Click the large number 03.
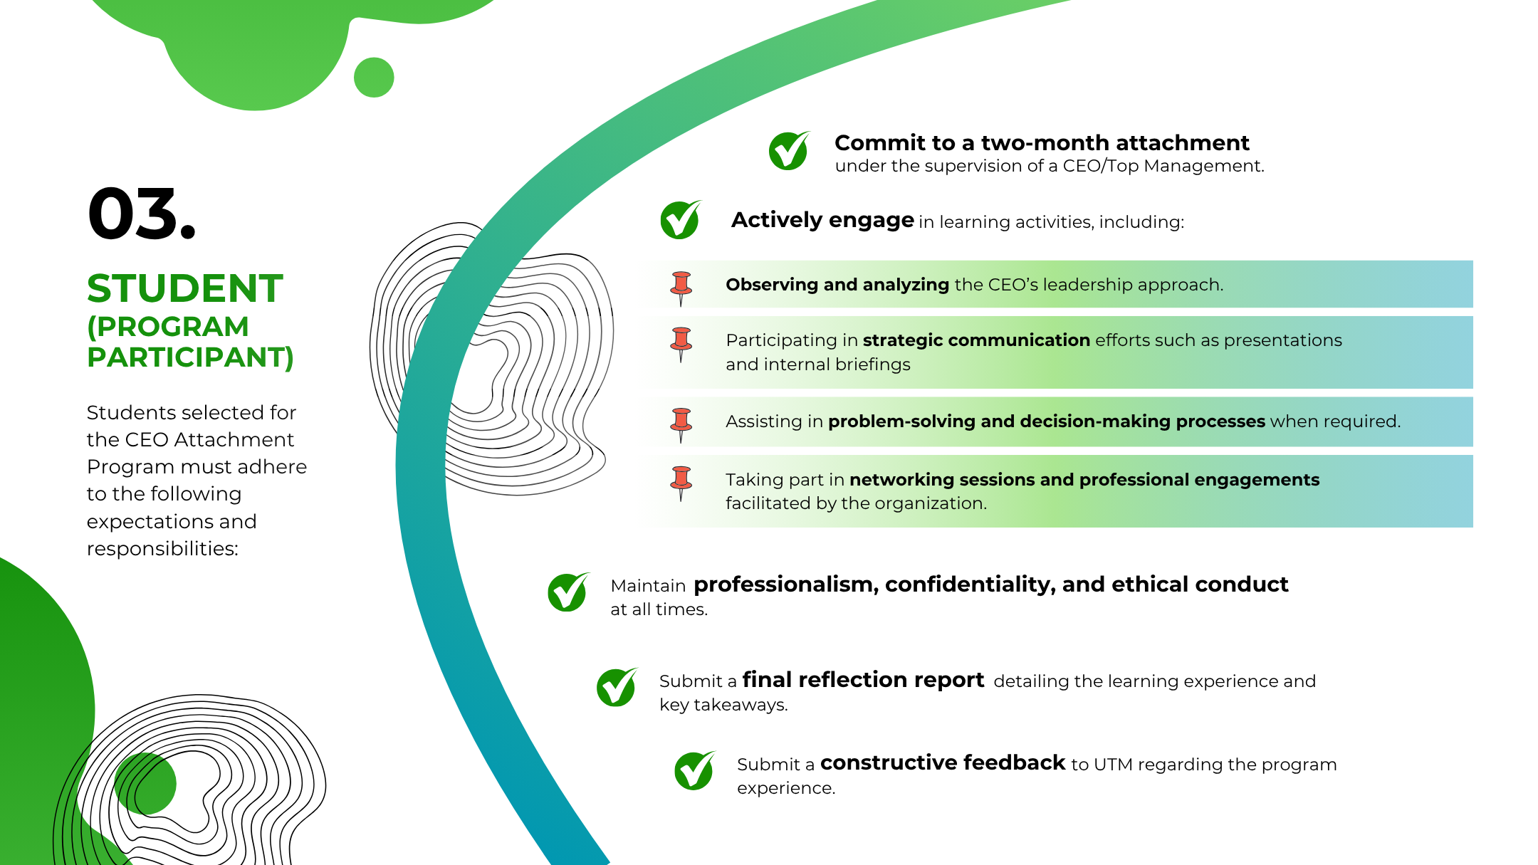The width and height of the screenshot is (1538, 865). tap(141, 214)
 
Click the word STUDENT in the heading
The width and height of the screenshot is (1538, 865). tap(185, 288)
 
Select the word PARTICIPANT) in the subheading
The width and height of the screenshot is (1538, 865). tap(190, 357)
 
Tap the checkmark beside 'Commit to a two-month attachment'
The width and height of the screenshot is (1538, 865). tap(789, 150)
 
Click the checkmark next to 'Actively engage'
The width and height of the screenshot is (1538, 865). tap(681, 219)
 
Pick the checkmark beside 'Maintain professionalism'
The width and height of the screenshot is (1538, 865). tap(568, 592)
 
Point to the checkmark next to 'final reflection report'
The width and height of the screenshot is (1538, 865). tap(617, 687)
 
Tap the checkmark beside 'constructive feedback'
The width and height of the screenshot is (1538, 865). tap(694, 770)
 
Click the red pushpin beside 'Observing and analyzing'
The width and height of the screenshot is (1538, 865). tap(681, 288)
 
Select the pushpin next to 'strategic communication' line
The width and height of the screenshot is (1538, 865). tap(681, 345)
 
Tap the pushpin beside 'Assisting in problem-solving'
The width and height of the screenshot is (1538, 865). tap(681, 425)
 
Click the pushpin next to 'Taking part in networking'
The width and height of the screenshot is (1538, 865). tap(681, 483)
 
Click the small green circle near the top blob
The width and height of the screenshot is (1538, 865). tap(374, 77)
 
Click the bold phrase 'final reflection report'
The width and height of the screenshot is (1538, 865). tap(863, 680)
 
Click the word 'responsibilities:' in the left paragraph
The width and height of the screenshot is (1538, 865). tap(162, 549)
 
